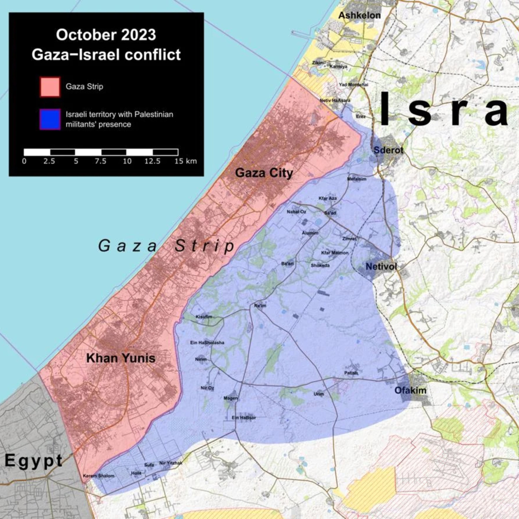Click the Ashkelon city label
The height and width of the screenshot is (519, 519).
359,16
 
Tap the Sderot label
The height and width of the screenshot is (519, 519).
388,150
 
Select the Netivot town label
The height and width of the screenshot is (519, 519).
381,267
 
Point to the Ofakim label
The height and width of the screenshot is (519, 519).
410,390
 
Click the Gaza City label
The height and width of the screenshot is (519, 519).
264,173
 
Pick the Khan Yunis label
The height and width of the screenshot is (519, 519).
121,358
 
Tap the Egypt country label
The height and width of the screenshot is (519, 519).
34,461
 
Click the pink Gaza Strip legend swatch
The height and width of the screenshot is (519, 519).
50,87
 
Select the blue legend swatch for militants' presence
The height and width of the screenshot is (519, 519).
50,119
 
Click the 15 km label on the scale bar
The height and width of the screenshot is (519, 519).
185,161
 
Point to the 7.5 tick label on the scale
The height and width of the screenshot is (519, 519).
100,161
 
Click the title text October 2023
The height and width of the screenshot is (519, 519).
106,35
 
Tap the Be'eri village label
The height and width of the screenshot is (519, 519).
288,264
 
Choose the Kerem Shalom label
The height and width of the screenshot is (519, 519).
99,476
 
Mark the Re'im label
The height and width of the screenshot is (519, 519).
260,306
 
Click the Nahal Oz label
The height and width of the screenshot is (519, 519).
296,211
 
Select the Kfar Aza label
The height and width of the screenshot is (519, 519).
327,198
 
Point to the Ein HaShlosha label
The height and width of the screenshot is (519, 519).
207,343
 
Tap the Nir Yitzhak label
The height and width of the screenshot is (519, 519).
171,463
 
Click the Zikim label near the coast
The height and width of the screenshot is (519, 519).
318,63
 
